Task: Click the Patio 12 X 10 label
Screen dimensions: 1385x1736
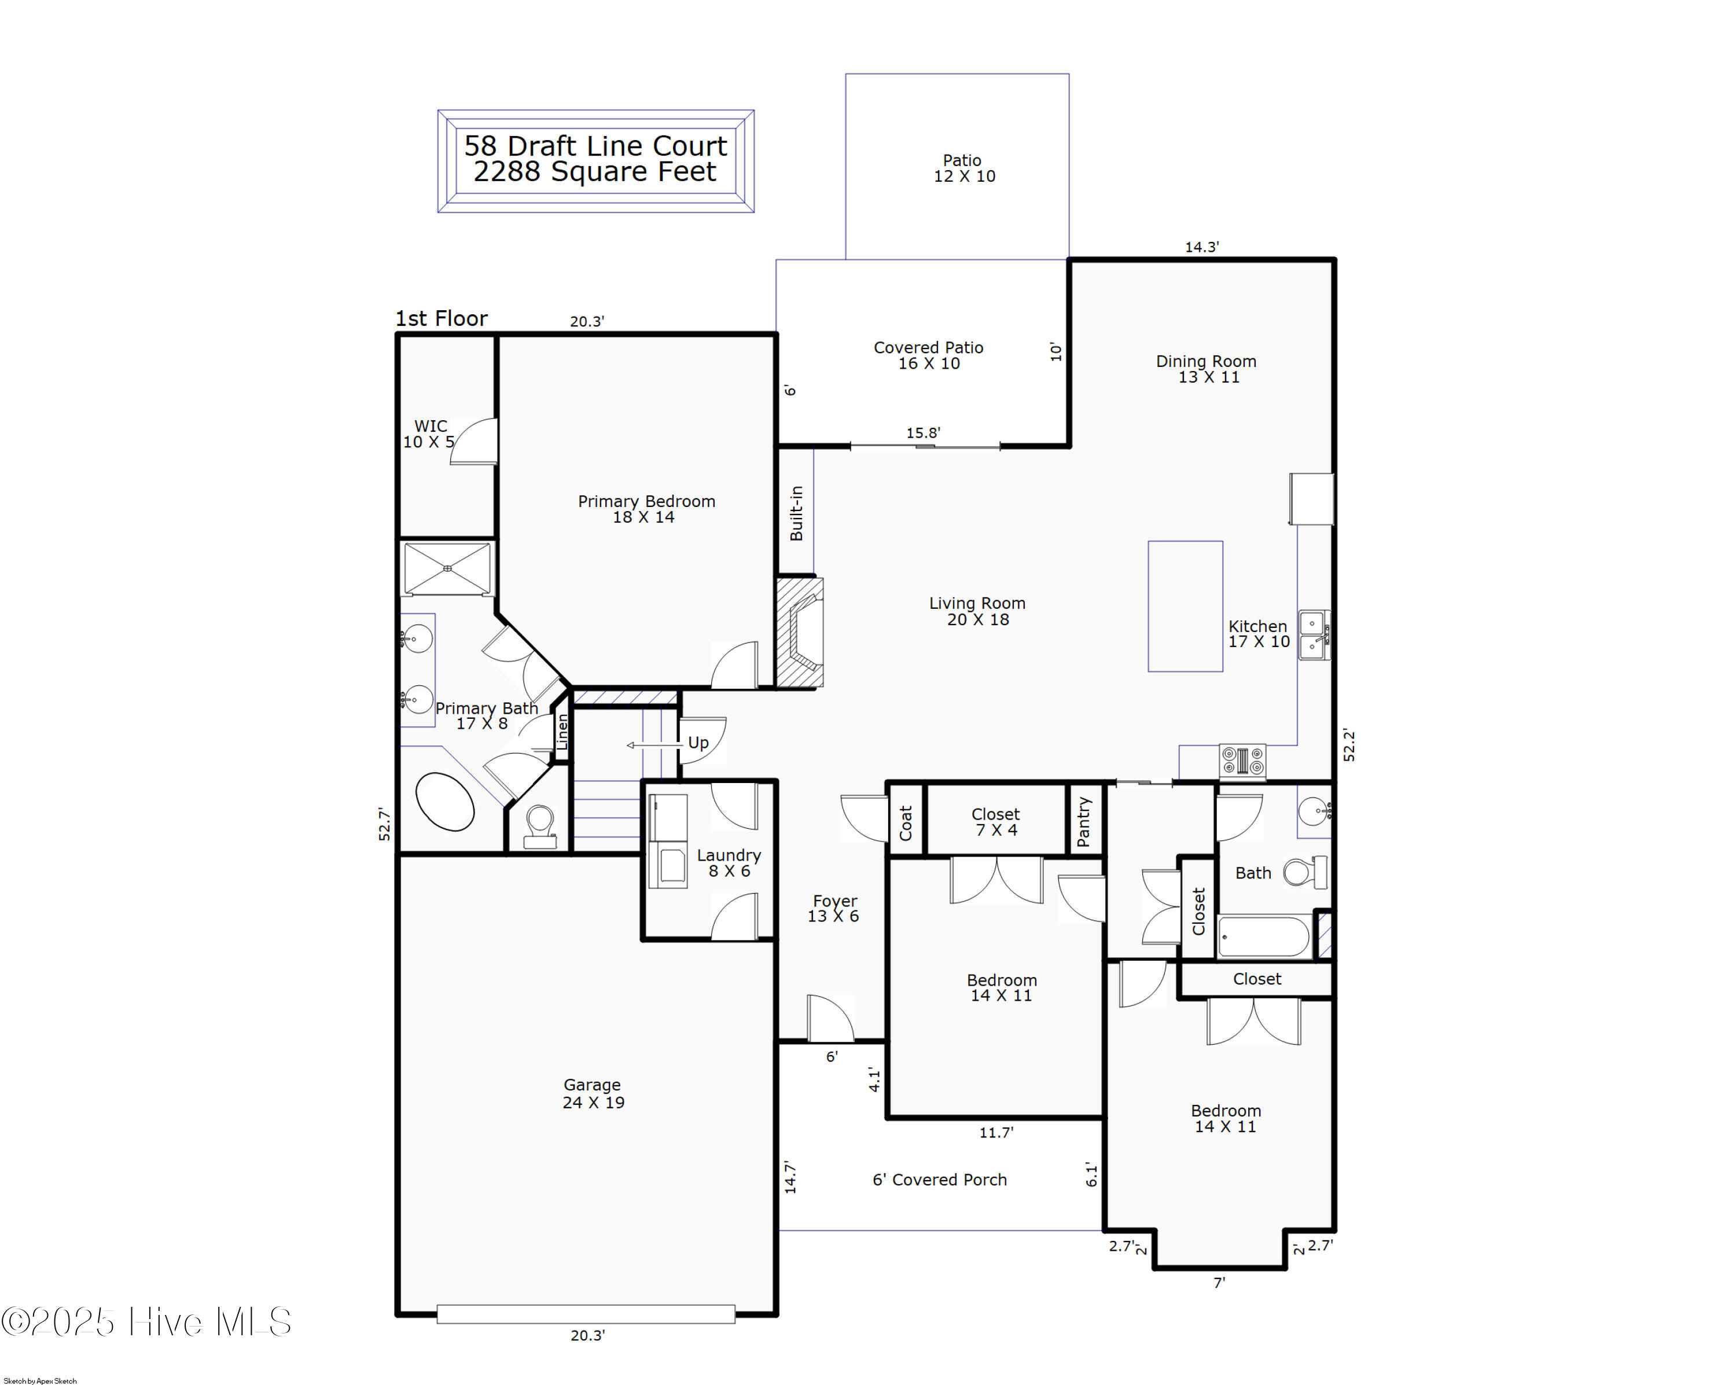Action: (964, 168)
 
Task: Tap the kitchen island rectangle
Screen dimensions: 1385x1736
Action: (1185, 607)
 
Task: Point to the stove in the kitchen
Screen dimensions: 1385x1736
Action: (1242, 761)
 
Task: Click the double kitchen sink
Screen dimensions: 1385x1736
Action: (1313, 635)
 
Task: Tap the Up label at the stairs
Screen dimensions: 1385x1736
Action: (698, 743)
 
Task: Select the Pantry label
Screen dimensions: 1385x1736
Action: (1083, 821)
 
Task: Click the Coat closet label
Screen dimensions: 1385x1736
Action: (906, 823)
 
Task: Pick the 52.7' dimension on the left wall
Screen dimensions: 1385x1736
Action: (385, 825)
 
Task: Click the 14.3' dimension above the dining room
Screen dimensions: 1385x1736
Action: (1201, 247)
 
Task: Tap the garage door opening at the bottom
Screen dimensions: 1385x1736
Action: (586, 1314)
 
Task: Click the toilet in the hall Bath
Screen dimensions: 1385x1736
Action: (1304, 872)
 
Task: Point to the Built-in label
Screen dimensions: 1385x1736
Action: (796, 513)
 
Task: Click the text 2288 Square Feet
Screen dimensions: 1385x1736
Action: (594, 171)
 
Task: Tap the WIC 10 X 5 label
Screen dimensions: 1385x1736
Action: (429, 433)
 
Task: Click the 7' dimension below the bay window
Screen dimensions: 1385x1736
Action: (1219, 1283)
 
